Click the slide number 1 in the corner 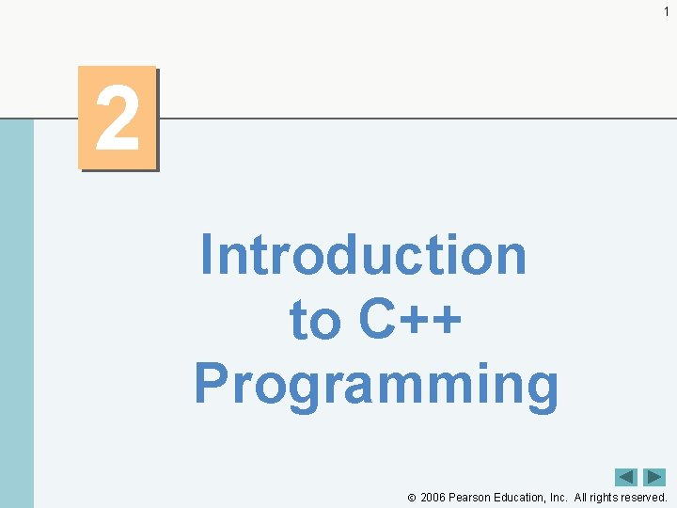tap(666, 11)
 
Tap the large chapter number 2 tap(118, 119)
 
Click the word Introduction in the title tap(363, 255)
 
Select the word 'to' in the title tap(314, 320)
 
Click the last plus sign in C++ tap(448, 322)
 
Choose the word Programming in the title tap(376, 384)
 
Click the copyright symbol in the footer tap(411, 498)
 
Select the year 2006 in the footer tap(433, 497)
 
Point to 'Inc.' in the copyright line tap(559, 497)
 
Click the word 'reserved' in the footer tap(645, 497)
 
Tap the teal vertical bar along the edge tap(16, 310)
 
